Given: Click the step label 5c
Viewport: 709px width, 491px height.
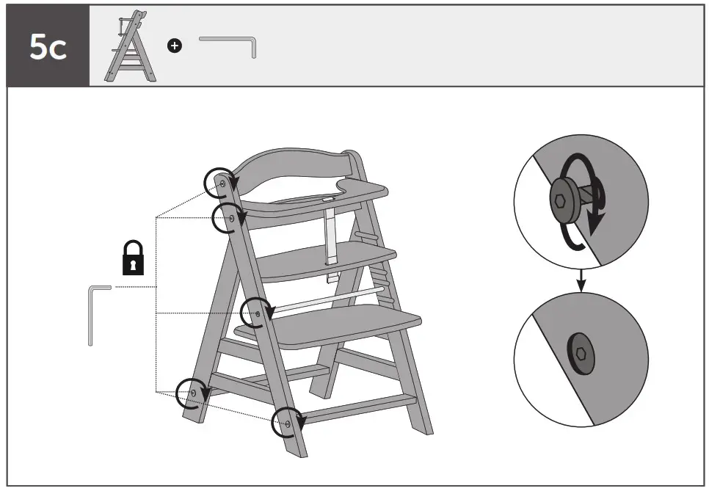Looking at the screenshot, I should click(48, 47).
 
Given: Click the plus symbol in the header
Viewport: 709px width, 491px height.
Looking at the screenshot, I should click(174, 46).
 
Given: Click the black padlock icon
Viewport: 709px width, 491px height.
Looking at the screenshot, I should click(133, 258).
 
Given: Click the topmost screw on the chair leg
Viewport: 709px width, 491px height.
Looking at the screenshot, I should click(222, 178).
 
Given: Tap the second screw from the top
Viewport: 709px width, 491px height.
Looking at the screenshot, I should click(231, 218).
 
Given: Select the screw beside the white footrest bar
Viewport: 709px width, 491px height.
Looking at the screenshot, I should click(257, 313).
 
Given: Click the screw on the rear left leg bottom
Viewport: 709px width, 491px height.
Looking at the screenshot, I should click(193, 393).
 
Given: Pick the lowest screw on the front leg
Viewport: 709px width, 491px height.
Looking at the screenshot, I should click(288, 423).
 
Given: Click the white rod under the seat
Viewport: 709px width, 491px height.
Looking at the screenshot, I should click(330, 299).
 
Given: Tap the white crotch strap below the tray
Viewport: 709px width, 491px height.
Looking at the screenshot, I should click(331, 235).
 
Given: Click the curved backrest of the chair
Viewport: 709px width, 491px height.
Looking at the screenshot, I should click(294, 165).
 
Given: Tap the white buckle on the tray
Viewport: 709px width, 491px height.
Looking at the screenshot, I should click(327, 197).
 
